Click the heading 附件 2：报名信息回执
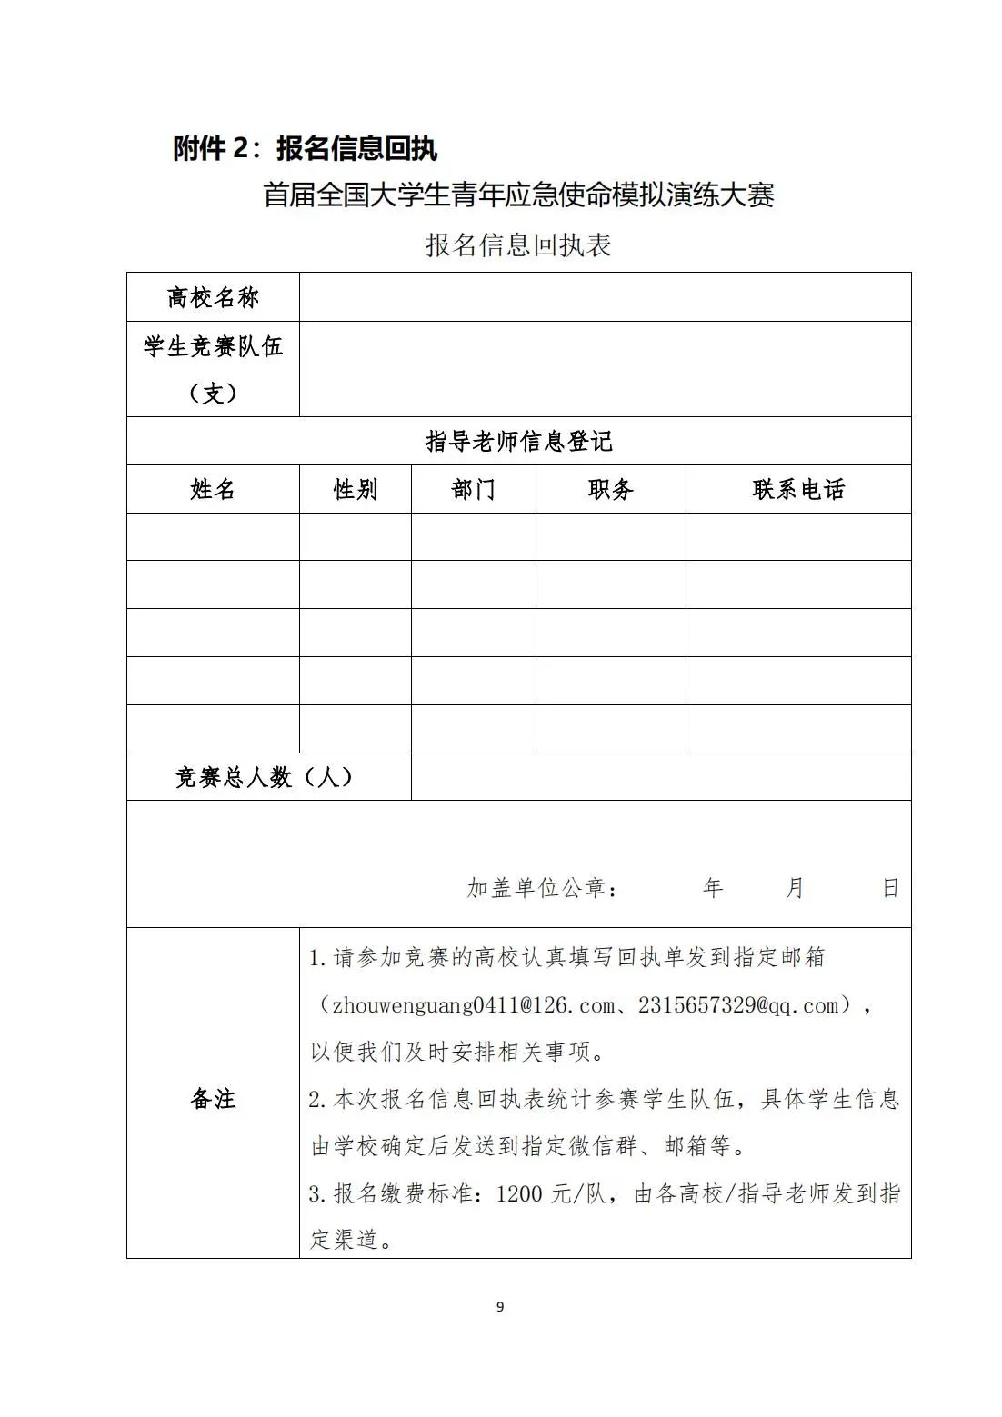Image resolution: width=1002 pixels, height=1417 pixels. [x=306, y=148]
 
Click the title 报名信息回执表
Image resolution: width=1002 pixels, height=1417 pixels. [x=518, y=244]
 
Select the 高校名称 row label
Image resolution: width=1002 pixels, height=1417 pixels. [x=213, y=297]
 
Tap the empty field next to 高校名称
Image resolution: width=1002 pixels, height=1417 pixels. [x=605, y=297]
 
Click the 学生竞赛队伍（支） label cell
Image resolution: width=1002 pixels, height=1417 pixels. [x=213, y=369]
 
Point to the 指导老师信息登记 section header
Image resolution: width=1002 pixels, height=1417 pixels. [x=518, y=442]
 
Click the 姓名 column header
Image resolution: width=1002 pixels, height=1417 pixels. [x=213, y=490]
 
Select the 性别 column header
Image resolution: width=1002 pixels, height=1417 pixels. [x=355, y=490]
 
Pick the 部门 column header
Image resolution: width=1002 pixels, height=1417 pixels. [x=473, y=490]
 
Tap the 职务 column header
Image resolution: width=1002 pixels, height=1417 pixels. [x=610, y=490]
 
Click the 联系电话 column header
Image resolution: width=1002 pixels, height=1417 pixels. [x=798, y=490]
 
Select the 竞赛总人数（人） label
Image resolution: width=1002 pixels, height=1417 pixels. [x=265, y=777]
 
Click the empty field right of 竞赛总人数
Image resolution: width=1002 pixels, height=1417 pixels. [x=660, y=777]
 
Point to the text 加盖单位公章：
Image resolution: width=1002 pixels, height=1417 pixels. [x=543, y=888]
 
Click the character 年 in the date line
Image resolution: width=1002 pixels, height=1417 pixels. [x=713, y=888]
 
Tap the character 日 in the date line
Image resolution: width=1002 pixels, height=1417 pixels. [x=891, y=888]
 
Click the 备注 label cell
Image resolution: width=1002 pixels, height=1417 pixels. [x=213, y=1099]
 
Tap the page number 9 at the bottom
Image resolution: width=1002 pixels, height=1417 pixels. [x=500, y=1307]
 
